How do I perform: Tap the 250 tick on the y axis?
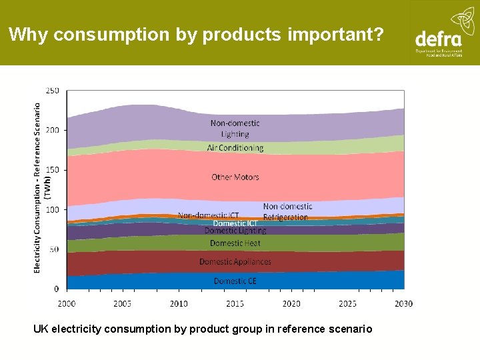coord(52,91)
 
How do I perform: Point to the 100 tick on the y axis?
coord(52,209)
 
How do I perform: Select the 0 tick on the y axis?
coord(56,289)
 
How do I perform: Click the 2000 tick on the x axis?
coord(67,304)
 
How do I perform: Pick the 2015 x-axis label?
coord(235,304)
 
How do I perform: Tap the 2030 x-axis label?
coord(403,304)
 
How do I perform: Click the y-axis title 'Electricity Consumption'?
coord(37,187)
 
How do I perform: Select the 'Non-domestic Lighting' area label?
coord(235,129)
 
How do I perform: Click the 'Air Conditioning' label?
coord(235,148)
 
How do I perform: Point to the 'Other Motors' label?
coord(235,177)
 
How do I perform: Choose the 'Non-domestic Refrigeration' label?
coord(287,212)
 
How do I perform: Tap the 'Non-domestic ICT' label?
coord(208,215)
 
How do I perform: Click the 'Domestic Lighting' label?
coord(235,231)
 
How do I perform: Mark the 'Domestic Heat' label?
coord(235,243)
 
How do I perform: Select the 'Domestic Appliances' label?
coord(235,262)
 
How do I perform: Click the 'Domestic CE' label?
coord(235,281)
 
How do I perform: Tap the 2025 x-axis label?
coord(347,304)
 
